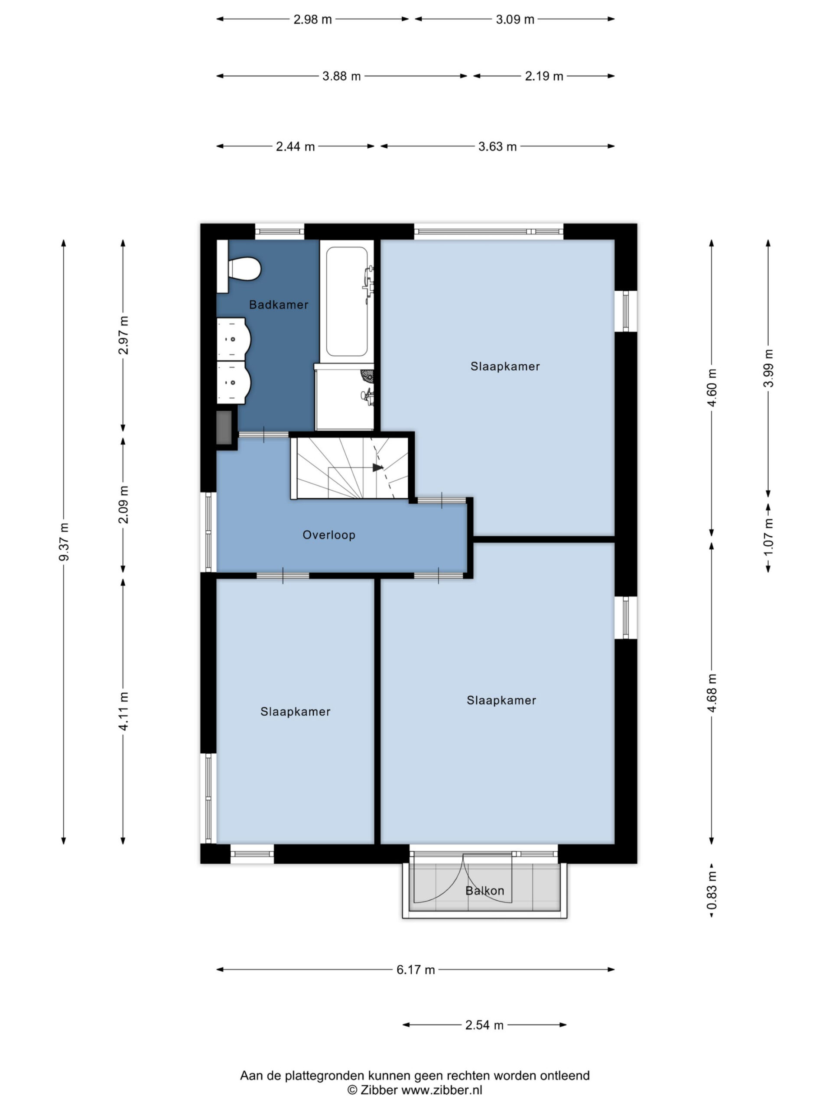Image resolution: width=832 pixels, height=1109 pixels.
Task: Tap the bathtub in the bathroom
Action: pyautogui.click(x=347, y=302)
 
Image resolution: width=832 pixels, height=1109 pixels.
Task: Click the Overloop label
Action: pyautogui.click(x=329, y=535)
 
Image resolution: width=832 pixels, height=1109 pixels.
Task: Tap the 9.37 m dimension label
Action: pyautogui.click(x=64, y=542)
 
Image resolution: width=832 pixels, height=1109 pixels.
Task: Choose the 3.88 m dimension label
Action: pyautogui.click(x=341, y=76)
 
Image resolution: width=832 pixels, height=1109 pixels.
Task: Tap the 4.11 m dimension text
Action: pyautogui.click(x=123, y=711)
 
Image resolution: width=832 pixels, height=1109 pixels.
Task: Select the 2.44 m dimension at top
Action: pyautogui.click(x=296, y=146)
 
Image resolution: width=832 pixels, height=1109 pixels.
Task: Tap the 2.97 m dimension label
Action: pyautogui.click(x=123, y=335)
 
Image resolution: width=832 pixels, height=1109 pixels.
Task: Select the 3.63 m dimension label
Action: pyautogui.click(x=497, y=146)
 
